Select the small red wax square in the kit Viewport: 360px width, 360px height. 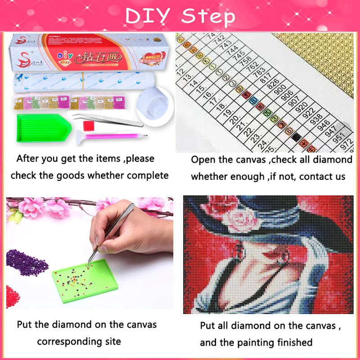pos(90,124)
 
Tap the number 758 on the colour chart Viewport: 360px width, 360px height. pos(246,59)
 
